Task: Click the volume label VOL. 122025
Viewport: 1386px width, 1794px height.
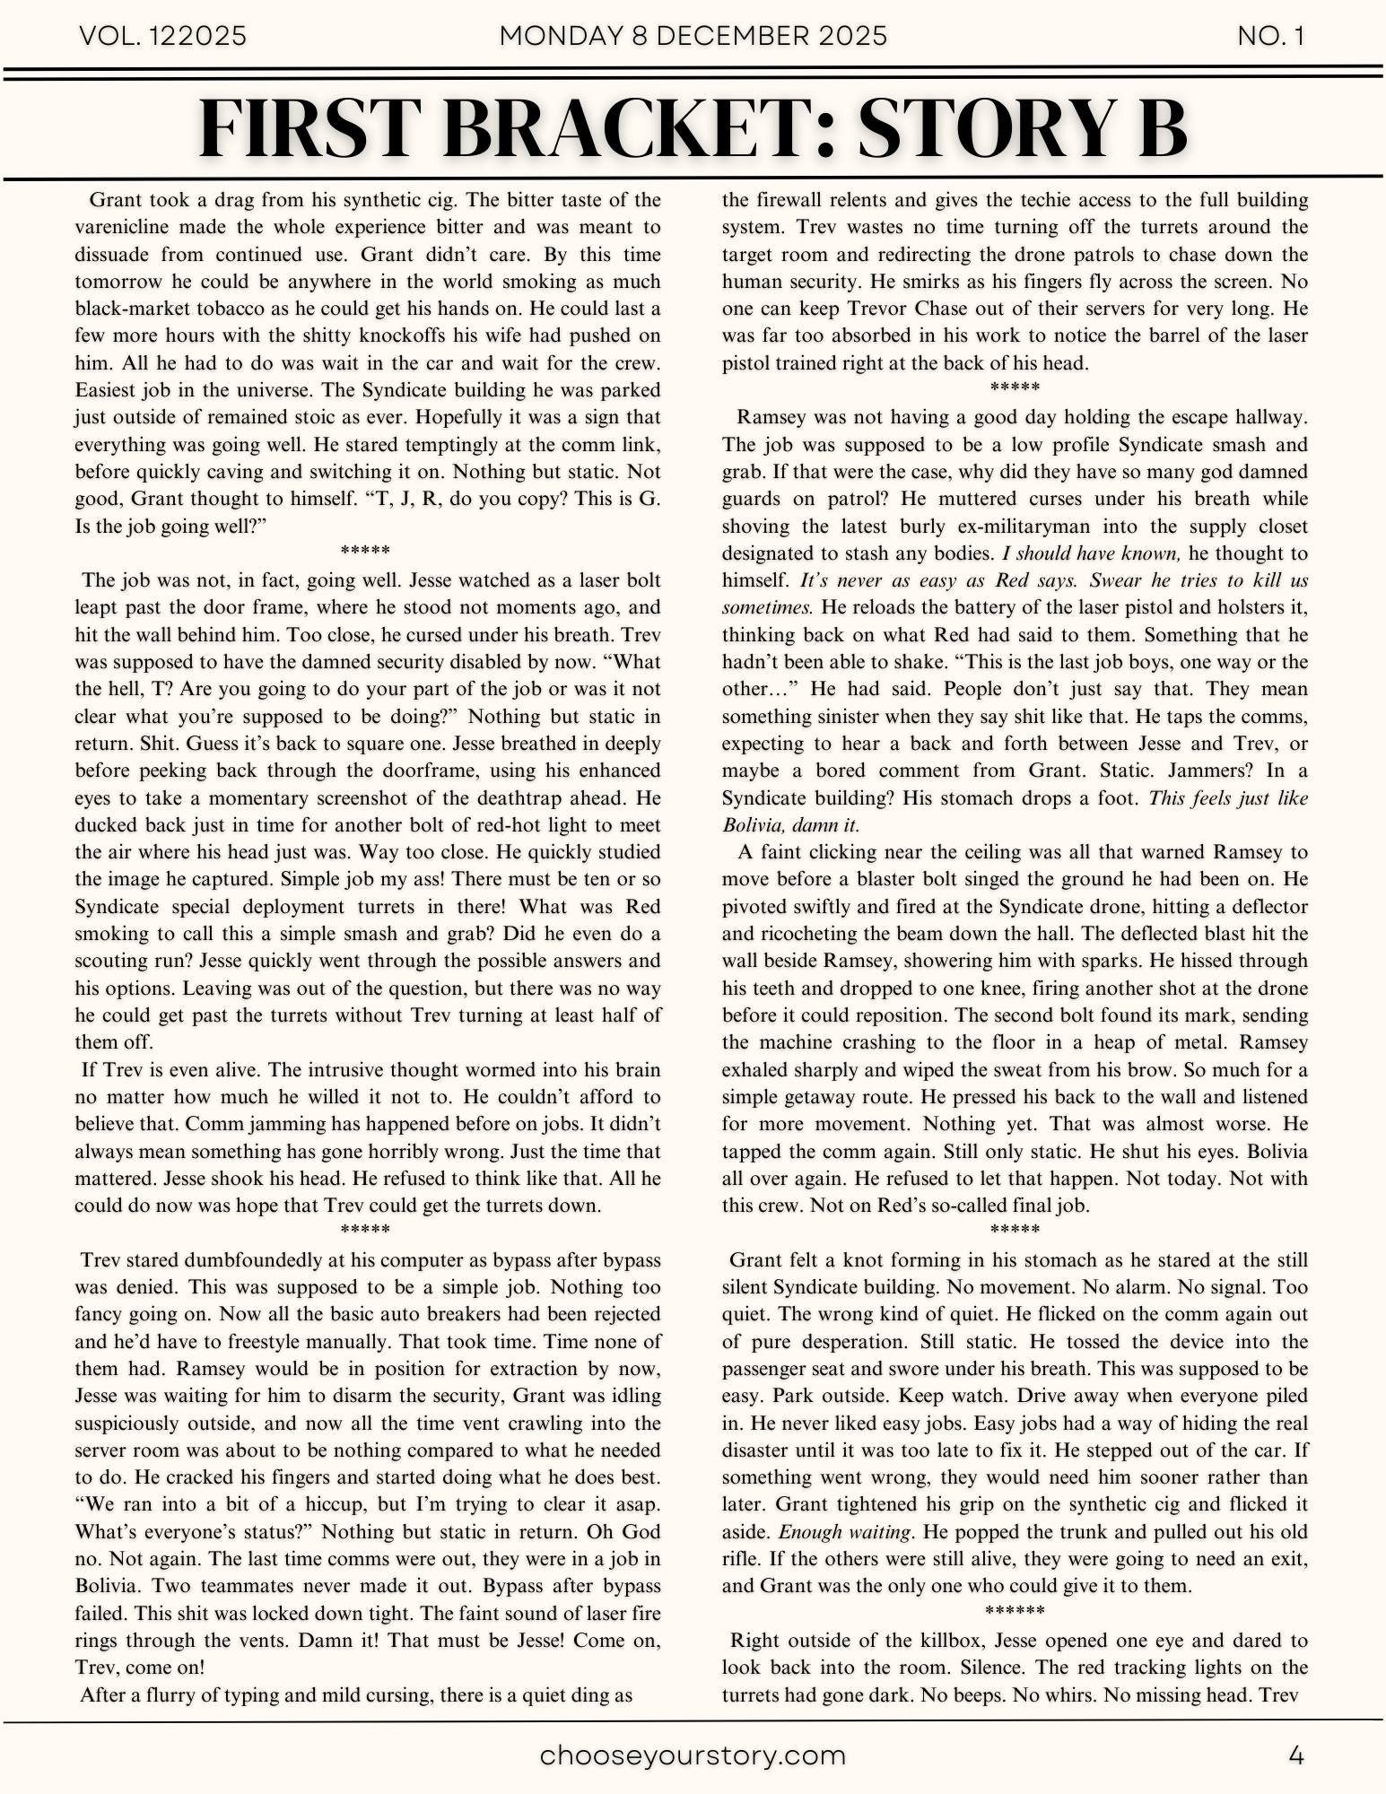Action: tap(163, 36)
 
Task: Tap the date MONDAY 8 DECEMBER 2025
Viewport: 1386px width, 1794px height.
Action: tap(693, 36)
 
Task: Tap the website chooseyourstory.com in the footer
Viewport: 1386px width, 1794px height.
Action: tap(693, 1755)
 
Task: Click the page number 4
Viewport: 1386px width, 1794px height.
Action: tap(1295, 1755)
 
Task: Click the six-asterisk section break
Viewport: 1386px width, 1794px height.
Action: tap(1015, 1610)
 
